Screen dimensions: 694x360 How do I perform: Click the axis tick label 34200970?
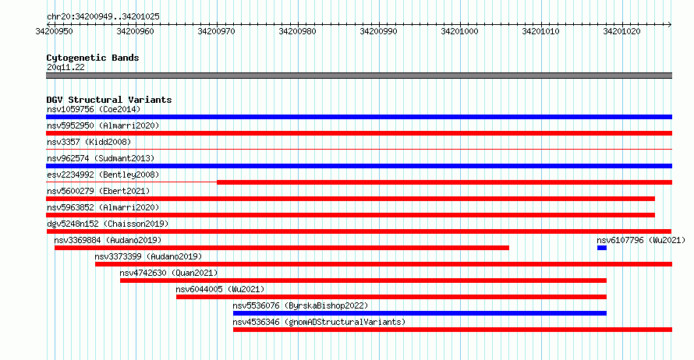tap(217, 31)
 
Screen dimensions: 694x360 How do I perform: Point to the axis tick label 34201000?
tap(459, 31)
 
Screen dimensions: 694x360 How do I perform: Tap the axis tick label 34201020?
tap(621, 31)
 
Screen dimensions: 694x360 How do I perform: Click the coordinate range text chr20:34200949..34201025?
tap(103, 17)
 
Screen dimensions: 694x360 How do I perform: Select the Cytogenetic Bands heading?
tap(93, 58)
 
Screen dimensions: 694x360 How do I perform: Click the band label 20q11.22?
tap(66, 67)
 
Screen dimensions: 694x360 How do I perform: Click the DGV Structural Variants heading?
tap(109, 100)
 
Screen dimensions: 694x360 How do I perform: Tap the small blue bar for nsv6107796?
tap(601, 248)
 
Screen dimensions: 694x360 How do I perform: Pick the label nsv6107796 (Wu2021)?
tap(641, 240)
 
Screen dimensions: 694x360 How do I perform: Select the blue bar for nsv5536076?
tap(420, 313)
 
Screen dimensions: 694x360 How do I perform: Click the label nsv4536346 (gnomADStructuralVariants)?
tap(319, 322)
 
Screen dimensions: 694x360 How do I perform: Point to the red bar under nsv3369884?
tap(281, 248)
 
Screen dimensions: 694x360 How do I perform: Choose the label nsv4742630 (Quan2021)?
tap(168, 273)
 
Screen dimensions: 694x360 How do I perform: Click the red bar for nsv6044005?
tap(391, 297)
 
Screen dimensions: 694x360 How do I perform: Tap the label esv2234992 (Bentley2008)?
tap(103, 175)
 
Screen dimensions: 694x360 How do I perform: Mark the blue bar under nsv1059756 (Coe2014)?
tap(359, 117)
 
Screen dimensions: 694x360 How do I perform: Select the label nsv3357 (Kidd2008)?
tap(89, 142)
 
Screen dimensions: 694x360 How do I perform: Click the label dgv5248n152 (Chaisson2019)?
tap(108, 224)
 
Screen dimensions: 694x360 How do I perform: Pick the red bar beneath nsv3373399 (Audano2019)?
tap(384, 264)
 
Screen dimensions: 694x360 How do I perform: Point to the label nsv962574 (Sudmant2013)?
tap(101, 158)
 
